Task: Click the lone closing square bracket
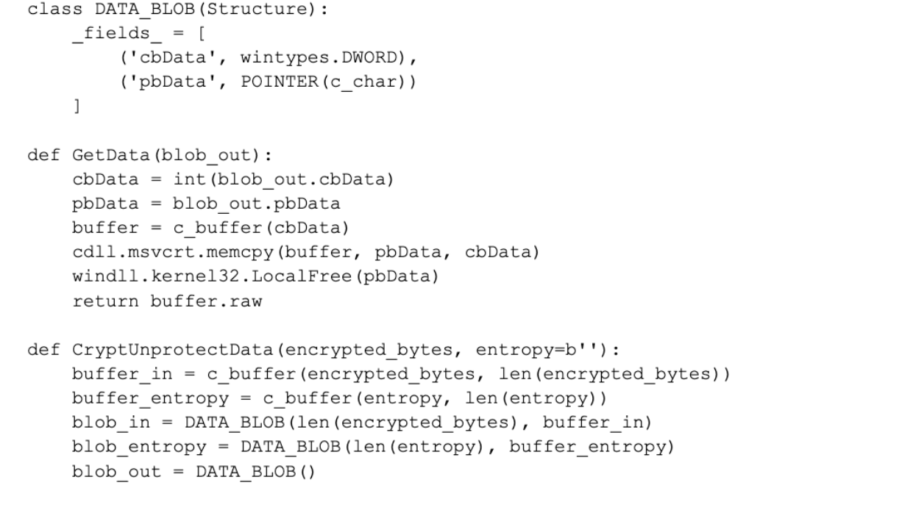[76, 105]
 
